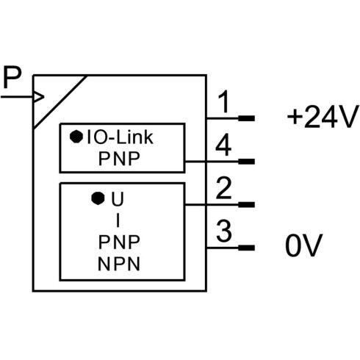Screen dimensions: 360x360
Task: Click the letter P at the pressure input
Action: (12, 77)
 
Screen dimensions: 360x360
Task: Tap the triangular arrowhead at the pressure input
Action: (39, 97)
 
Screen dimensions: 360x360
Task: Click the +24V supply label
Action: (323, 117)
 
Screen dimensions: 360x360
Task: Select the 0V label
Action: (303, 245)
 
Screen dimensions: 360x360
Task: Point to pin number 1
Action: (224, 101)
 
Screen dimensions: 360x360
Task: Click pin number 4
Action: (223, 145)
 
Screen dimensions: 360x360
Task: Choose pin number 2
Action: (223, 188)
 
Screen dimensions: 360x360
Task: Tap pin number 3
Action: (224, 231)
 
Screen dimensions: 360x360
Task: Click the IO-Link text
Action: (120, 137)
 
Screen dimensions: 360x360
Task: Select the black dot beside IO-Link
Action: (76, 137)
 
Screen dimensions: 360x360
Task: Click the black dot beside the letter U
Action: (98, 198)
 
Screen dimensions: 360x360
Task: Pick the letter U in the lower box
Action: (118, 199)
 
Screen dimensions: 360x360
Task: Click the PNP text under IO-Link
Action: (119, 159)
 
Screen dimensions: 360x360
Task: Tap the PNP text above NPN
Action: (119, 242)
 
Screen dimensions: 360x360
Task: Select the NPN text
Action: (119, 264)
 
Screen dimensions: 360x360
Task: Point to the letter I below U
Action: (118, 220)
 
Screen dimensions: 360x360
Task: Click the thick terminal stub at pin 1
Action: (247, 118)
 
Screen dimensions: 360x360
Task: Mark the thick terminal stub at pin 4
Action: (247, 162)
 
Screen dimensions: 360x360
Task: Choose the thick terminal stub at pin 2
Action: (247, 204)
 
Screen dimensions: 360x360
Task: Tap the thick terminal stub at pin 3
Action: (247, 248)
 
